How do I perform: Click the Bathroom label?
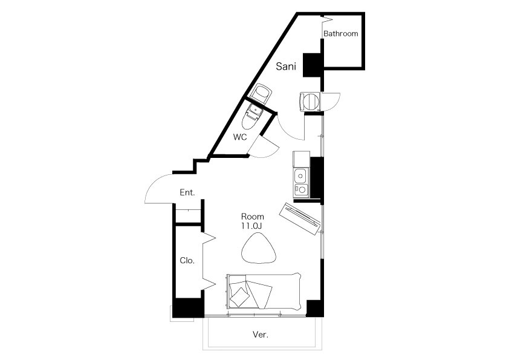(x=340, y=33)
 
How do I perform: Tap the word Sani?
(x=286, y=67)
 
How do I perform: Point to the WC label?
(x=240, y=137)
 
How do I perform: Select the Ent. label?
(x=187, y=192)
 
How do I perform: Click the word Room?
(x=252, y=217)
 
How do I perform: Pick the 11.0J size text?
(x=252, y=226)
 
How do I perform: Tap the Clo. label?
(x=187, y=260)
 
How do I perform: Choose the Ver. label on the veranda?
(x=261, y=335)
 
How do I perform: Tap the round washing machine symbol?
(x=310, y=102)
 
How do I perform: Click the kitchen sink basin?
(x=300, y=176)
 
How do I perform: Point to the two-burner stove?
(x=300, y=189)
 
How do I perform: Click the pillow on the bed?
(x=240, y=297)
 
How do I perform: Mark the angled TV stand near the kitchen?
(x=300, y=218)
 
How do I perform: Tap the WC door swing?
(x=265, y=148)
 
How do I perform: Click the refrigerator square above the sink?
(x=302, y=159)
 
